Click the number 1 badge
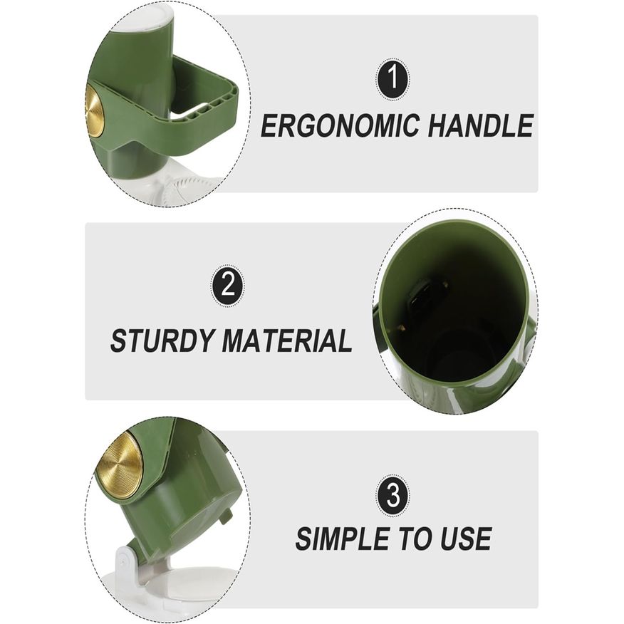392,79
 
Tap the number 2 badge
227,286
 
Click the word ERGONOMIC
340,125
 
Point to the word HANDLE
481,125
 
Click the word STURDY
162,340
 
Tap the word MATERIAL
287,340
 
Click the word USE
466,539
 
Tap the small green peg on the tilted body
227,514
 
